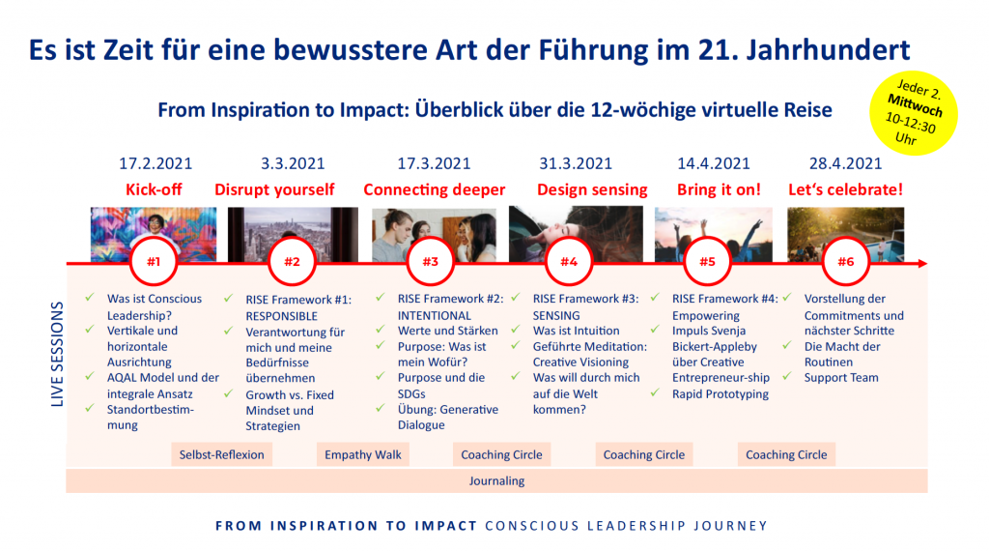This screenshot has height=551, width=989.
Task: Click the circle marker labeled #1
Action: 154,261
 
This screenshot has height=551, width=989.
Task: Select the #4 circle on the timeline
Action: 569,261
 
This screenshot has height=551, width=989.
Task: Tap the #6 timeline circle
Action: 846,261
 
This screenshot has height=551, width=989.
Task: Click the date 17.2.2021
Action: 154,163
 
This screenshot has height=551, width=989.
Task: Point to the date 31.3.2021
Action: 576,163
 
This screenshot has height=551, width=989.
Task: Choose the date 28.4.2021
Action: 846,163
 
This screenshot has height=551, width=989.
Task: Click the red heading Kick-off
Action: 154,189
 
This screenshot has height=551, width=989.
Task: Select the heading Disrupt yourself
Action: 274,189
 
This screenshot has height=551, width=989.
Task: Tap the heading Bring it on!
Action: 719,189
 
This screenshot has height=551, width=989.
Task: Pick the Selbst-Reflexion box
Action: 221,454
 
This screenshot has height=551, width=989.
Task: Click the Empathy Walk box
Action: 362,454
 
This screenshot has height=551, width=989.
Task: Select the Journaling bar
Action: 496,480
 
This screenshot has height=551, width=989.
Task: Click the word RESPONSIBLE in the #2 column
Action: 281,315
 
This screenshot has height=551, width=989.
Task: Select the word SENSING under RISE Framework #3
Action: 556,315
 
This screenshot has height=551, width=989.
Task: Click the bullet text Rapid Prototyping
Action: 721,393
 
